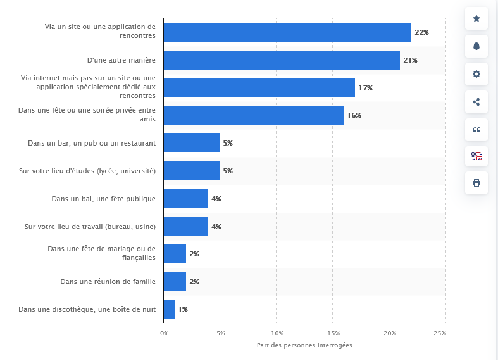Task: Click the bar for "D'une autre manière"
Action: point(282,60)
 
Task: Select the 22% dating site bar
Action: point(287,32)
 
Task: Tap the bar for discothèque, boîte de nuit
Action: point(170,309)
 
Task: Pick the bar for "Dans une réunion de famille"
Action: point(175,282)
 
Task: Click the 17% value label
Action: point(366,88)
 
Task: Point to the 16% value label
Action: point(354,115)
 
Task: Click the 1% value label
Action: point(183,309)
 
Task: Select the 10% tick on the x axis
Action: point(277,333)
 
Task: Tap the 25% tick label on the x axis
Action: point(440,333)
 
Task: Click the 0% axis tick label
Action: point(164,333)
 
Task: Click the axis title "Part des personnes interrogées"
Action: point(304,345)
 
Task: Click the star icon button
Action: point(476,18)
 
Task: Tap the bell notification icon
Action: point(476,46)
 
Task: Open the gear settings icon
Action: point(476,74)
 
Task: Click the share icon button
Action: point(476,102)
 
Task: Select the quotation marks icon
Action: point(476,130)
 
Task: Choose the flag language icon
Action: point(476,156)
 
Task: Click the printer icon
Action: point(476,183)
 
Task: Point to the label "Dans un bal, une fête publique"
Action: point(104,199)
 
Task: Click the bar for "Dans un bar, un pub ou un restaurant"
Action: point(192,143)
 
